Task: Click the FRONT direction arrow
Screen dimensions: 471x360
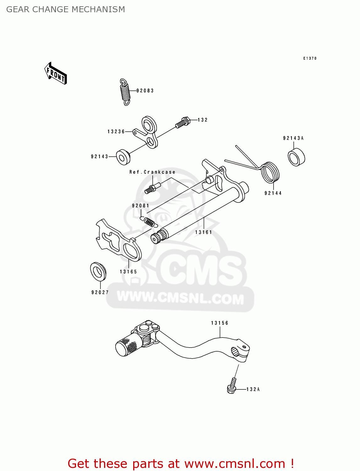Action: pos(56,73)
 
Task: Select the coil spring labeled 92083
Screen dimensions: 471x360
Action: pos(125,92)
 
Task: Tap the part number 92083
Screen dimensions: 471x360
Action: pos(145,91)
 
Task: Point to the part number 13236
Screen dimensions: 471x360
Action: pos(116,132)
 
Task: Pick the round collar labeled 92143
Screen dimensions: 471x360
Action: pos(123,157)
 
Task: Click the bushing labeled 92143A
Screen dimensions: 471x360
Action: pos(297,157)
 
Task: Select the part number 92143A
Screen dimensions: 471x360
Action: pos(293,138)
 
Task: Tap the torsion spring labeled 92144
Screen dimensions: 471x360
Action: pos(270,172)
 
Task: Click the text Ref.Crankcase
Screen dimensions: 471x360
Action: pos(152,172)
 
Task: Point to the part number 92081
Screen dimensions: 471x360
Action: pos(140,206)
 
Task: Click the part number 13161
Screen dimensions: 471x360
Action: pos(204,232)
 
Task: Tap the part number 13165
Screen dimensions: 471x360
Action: pos(128,272)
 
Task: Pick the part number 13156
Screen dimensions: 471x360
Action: pos(220,323)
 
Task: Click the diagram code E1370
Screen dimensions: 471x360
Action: pos(310,58)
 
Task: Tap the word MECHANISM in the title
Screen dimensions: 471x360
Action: pos(98,9)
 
